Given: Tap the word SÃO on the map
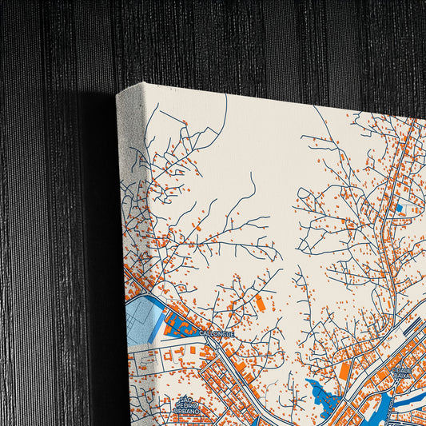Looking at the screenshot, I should point(187,399).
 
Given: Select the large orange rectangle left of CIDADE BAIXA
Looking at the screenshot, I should point(344,371).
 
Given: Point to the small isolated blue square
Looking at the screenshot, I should point(400,208).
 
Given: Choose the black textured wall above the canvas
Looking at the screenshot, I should point(240,40).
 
